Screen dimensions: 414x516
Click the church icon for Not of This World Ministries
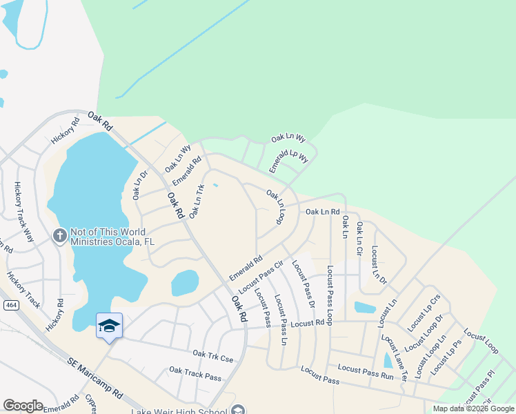coord(60,236)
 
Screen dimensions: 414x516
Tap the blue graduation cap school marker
coord(109,325)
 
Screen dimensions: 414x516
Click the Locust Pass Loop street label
coord(330,295)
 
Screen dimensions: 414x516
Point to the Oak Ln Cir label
coord(359,236)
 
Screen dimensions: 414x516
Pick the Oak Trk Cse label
coord(213,355)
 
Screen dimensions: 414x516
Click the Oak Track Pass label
coord(195,373)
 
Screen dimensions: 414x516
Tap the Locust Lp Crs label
coord(424,311)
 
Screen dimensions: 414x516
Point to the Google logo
coord(23,406)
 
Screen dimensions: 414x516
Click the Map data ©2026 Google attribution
coord(473,408)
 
